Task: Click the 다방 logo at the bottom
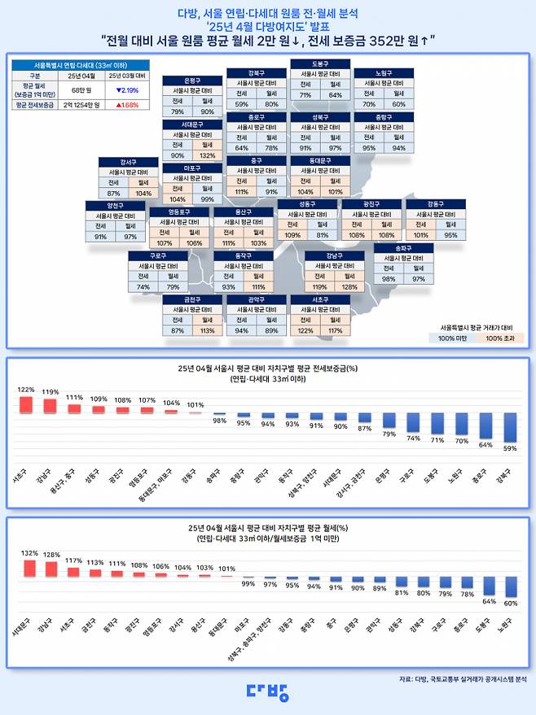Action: (x=267, y=692)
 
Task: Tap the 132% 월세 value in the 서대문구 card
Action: (x=207, y=155)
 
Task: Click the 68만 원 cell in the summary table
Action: (x=79, y=90)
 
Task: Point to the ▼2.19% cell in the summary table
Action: (x=125, y=90)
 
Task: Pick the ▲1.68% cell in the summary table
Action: (x=125, y=105)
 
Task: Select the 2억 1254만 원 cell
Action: (x=79, y=105)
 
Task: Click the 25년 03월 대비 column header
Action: (x=125, y=76)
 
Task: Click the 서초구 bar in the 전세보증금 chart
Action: (x=26, y=404)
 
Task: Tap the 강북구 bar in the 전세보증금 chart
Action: (x=510, y=426)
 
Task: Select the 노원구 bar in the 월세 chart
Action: (x=510, y=587)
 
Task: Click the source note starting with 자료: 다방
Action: (x=463, y=678)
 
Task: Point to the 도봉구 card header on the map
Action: (x=320, y=63)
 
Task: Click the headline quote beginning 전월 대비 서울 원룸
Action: (x=267, y=39)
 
